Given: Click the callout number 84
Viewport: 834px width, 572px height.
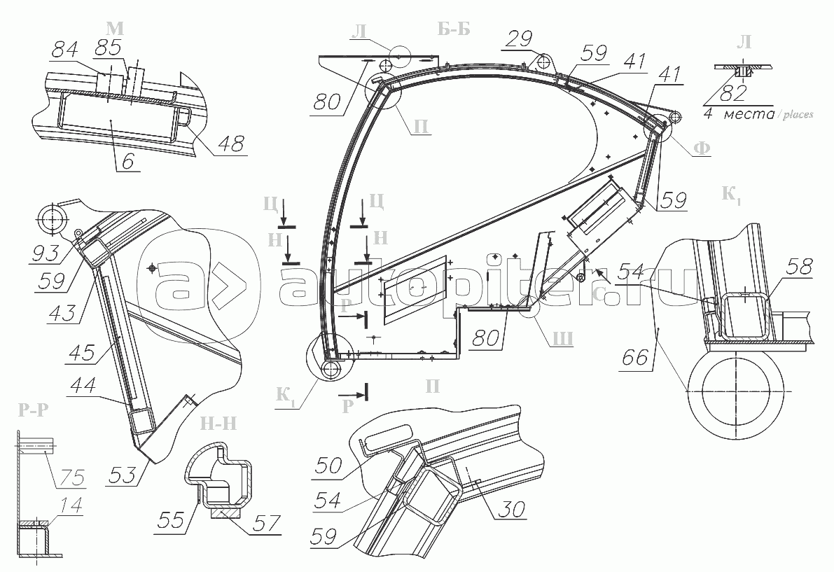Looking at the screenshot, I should (67, 50).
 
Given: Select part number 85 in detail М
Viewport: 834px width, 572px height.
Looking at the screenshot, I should (109, 48).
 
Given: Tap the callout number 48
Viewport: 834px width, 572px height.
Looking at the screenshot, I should (230, 144).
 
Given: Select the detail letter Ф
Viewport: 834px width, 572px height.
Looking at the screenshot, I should (701, 149).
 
